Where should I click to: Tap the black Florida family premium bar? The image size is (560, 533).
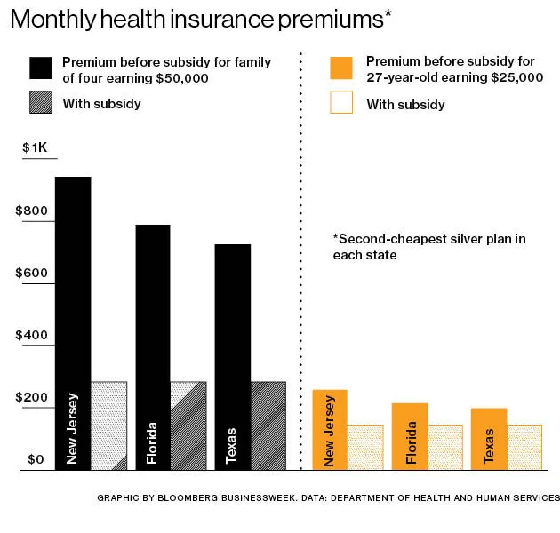pyautogui.click(x=152, y=346)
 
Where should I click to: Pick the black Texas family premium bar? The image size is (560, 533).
pyautogui.click(x=233, y=356)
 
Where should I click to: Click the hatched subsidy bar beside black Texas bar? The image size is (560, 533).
pyautogui.click(x=268, y=426)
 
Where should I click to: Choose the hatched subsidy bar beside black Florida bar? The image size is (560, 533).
pyautogui.click(x=188, y=426)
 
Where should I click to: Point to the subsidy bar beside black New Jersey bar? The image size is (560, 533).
pyautogui.click(x=108, y=426)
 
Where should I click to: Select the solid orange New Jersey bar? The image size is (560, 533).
pyautogui.click(x=330, y=429)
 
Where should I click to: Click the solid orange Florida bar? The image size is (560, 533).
pyautogui.click(x=410, y=436)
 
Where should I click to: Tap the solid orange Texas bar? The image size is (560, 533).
pyautogui.click(x=489, y=439)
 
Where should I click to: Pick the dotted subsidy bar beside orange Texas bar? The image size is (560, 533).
pyautogui.click(x=524, y=447)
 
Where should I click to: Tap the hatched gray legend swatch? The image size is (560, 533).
pyautogui.click(x=42, y=102)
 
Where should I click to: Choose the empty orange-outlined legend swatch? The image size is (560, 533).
pyautogui.click(x=341, y=102)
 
